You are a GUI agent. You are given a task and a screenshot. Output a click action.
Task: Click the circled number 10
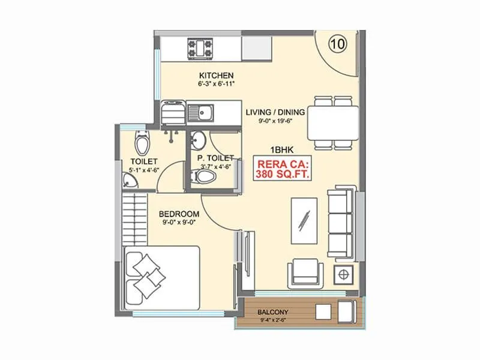tap(337, 43)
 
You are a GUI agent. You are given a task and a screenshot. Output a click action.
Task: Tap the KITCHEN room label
tap(216, 75)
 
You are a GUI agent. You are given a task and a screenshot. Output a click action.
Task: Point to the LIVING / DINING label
tap(275, 112)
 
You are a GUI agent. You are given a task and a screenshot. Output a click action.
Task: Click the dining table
tap(334, 122)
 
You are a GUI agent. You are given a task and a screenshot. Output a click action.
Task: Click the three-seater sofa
tap(341, 222)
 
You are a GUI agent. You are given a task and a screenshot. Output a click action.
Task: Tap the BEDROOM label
tap(179, 214)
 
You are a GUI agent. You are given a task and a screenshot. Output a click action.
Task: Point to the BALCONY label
tap(273, 312)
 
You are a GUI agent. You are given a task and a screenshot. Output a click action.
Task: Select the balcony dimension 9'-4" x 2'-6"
tap(273, 320)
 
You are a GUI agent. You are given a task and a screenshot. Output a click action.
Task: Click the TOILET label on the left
tap(144, 161)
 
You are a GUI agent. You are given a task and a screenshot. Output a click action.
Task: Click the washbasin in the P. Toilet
tap(198, 140)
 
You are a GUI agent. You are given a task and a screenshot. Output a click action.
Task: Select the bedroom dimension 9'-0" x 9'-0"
tap(179, 223)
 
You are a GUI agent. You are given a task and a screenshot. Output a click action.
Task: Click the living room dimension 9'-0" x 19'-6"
tap(275, 122)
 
